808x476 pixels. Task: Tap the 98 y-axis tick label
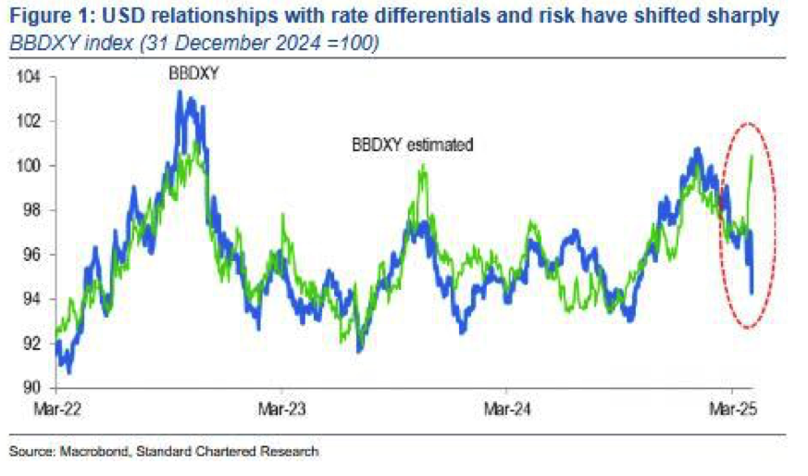pyautogui.click(x=33, y=210)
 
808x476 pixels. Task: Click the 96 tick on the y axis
pyautogui.click(x=33, y=255)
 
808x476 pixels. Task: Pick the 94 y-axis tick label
pyautogui.click(x=33, y=299)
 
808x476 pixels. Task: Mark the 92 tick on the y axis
pyautogui.click(x=33, y=344)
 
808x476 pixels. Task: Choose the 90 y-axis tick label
pyautogui.click(x=33, y=387)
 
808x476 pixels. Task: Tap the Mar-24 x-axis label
pyautogui.click(x=505, y=407)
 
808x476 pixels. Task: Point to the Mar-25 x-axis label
pyautogui.click(x=731, y=407)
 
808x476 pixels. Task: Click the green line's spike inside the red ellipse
pyautogui.click(x=751, y=157)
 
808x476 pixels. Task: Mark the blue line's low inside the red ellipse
pyautogui.click(x=752, y=293)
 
